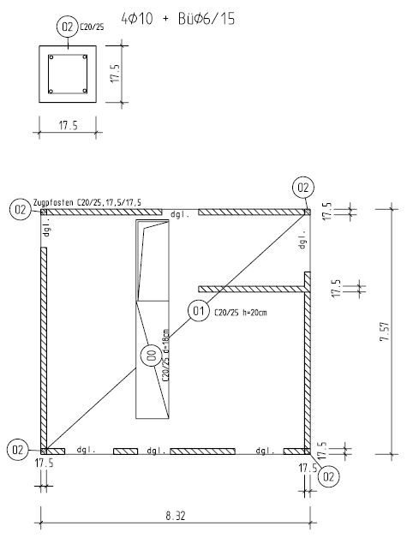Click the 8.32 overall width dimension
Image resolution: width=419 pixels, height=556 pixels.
tap(176, 516)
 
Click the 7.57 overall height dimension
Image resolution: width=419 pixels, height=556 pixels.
tap(385, 332)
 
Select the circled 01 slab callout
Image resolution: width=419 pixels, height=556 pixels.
tap(198, 311)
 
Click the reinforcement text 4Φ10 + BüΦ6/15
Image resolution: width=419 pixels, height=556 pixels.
tap(178, 19)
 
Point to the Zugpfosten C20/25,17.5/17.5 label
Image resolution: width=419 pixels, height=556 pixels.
tap(87, 202)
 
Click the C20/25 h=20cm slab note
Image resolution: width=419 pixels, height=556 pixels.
tap(241, 313)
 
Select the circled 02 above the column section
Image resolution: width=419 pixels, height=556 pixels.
tap(67, 27)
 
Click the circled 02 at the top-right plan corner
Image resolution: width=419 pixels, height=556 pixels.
tap(303, 188)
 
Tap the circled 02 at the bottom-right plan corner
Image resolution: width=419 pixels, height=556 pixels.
tap(328, 476)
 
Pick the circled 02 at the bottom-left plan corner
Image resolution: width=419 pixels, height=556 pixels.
tap(18, 450)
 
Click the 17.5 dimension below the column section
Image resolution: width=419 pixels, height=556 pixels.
tap(68, 126)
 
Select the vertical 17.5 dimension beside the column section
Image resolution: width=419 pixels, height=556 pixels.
tap(116, 74)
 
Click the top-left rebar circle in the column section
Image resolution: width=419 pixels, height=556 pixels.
tap(51, 57)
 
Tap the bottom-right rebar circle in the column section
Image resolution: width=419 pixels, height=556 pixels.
tap(85, 91)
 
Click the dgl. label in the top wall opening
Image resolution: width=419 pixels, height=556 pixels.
tap(180, 214)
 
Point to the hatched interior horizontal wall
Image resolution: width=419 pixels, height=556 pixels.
tap(252, 289)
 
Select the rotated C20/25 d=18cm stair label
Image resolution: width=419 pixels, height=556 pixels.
tap(165, 355)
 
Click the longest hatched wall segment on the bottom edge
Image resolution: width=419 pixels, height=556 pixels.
tap(202, 451)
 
